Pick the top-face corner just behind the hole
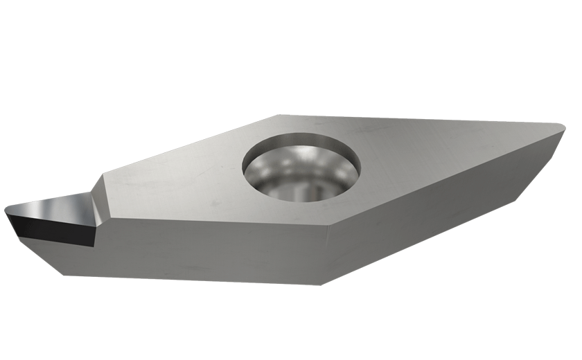tap(278, 116)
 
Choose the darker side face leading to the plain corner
tap(443, 208)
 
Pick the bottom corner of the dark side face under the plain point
tap(516, 198)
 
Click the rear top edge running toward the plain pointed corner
tap(416, 120)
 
